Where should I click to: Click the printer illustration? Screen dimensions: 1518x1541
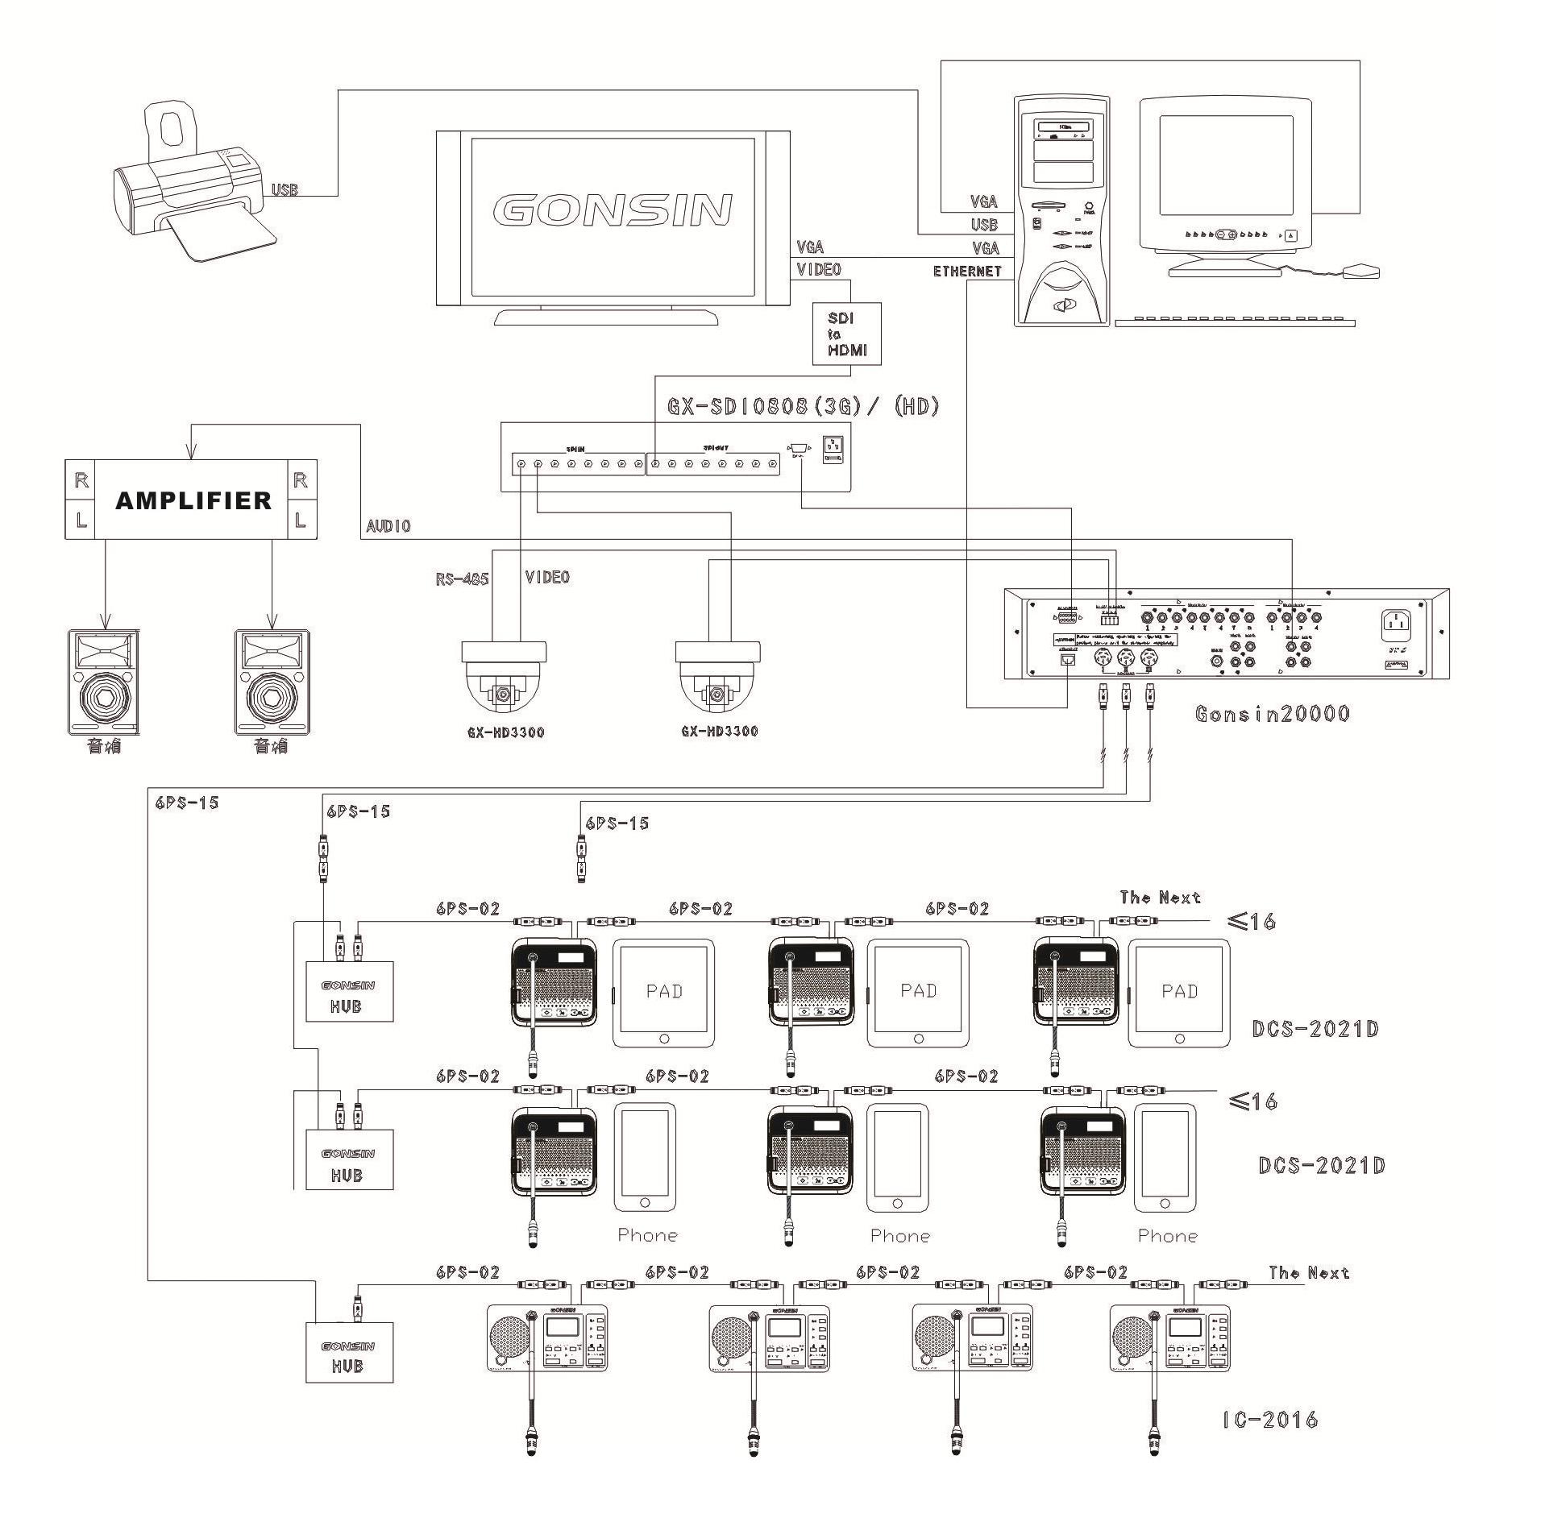(x=193, y=185)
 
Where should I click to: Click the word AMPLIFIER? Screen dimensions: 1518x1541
(x=193, y=500)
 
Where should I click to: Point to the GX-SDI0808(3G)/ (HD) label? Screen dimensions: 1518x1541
(x=804, y=406)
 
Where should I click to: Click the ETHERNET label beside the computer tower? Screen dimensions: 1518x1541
(x=967, y=272)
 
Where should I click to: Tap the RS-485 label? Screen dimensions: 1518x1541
(x=463, y=579)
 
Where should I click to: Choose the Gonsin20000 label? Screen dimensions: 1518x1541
(x=1272, y=714)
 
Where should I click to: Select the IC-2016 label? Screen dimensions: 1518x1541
(x=1270, y=1419)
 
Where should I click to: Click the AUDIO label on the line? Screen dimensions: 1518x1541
(x=388, y=526)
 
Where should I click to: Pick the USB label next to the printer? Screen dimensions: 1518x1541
(x=285, y=190)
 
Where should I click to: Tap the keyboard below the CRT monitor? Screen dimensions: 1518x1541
(x=1234, y=321)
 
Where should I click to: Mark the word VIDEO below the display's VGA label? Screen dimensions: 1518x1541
(x=818, y=269)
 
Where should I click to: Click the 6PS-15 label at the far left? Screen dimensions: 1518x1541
(x=185, y=803)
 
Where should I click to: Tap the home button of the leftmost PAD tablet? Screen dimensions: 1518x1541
(x=664, y=1039)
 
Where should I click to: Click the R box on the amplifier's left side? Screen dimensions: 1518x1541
(x=81, y=480)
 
